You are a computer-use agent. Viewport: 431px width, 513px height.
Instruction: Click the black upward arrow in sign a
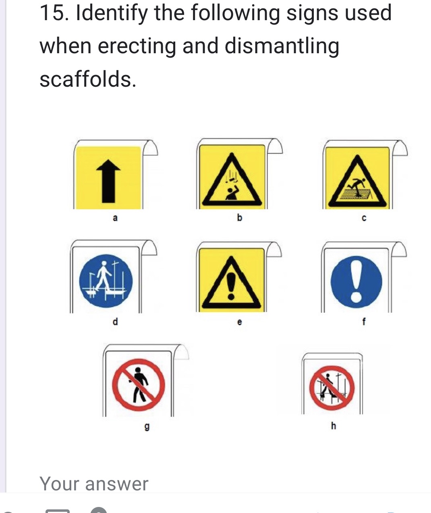(x=108, y=180)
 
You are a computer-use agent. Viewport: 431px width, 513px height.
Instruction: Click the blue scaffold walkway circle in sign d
(x=106, y=281)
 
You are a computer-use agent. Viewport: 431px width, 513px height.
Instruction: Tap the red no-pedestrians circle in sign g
(x=138, y=384)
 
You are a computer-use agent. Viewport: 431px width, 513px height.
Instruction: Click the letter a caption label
(x=115, y=218)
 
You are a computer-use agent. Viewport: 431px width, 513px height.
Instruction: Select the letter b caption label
(x=239, y=218)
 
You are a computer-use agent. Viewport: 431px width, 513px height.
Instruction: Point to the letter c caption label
(x=364, y=219)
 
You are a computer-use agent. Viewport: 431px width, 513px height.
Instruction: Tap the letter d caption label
(x=115, y=321)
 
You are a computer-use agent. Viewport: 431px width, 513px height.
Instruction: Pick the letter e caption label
(x=239, y=322)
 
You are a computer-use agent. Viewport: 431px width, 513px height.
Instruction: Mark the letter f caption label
(x=364, y=321)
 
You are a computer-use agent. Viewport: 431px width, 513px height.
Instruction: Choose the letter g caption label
(x=147, y=426)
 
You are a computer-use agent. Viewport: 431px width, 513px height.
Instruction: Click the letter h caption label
(x=333, y=425)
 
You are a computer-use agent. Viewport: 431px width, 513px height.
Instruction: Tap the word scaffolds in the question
(x=87, y=79)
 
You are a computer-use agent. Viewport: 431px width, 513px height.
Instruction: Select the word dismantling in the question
(x=282, y=46)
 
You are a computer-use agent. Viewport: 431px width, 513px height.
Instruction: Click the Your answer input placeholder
(x=94, y=484)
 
